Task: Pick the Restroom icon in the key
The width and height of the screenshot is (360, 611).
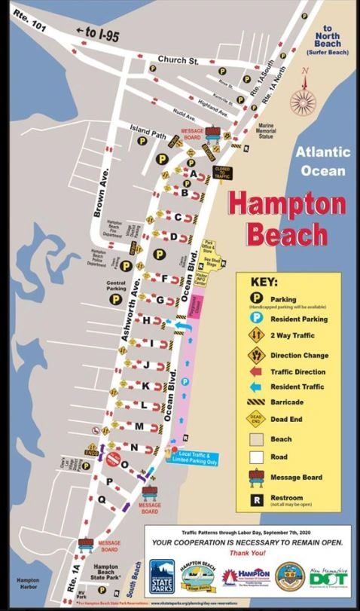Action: (255, 499)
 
